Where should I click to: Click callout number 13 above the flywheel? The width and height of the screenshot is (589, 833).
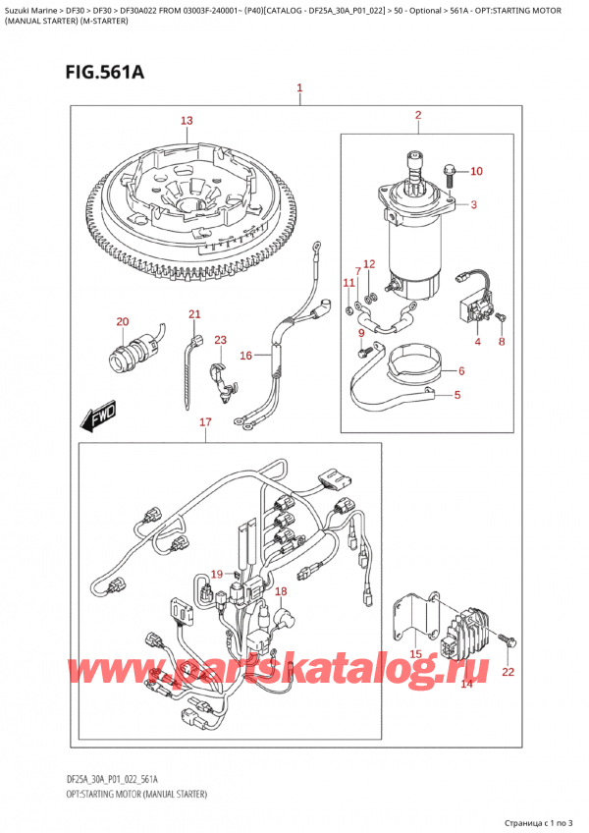(187, 121)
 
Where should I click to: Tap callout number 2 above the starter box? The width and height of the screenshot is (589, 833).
(417, 116)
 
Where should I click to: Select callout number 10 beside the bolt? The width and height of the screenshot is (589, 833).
(476, 172)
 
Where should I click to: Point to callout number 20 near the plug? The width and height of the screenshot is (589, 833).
(122, 322)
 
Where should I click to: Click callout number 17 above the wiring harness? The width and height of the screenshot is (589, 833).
(204, 423)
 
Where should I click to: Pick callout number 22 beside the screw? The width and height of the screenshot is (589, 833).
(507, 672)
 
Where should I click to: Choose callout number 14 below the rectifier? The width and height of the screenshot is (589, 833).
(466, 683)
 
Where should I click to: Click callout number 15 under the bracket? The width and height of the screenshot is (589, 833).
(415, 654)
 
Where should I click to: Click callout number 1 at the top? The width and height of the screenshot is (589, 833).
(299, 89)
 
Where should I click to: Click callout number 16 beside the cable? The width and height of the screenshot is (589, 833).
(246, 355)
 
